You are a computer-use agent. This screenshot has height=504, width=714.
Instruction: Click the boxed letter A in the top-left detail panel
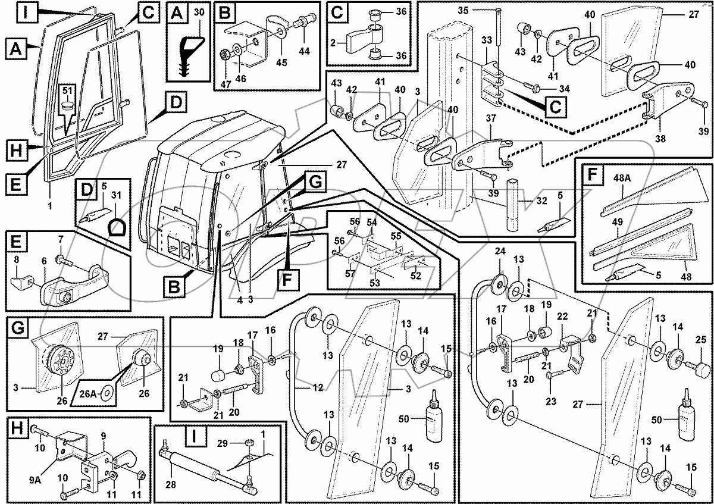point(177,12)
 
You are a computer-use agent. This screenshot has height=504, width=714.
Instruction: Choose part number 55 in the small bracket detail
point(396,236)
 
